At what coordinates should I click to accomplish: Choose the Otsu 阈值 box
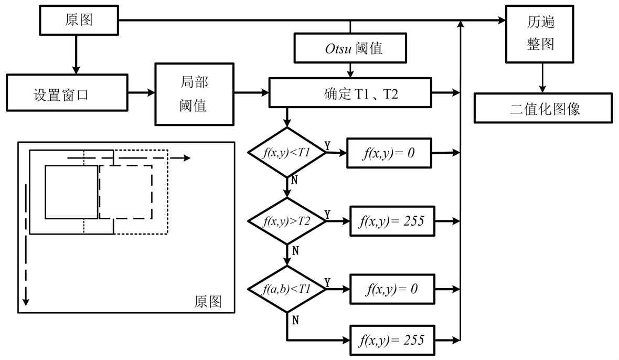click(350, 48)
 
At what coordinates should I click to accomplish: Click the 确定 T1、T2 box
click(350, 93)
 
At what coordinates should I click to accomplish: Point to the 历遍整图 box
click(541, 34)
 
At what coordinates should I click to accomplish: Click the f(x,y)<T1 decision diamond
click(286, 152)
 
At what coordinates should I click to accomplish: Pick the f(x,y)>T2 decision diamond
click(286, 221)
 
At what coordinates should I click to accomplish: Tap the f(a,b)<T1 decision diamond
click(286, 289)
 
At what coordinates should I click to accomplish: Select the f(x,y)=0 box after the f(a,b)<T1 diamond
click(390, 289)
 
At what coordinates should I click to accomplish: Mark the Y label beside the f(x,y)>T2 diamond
click(327, 214)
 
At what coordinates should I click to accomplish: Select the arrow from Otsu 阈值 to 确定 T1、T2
click(350, 70)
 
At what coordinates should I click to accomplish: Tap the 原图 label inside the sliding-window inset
click(208, 302)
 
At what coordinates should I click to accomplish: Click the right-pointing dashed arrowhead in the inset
click(186, 157)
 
